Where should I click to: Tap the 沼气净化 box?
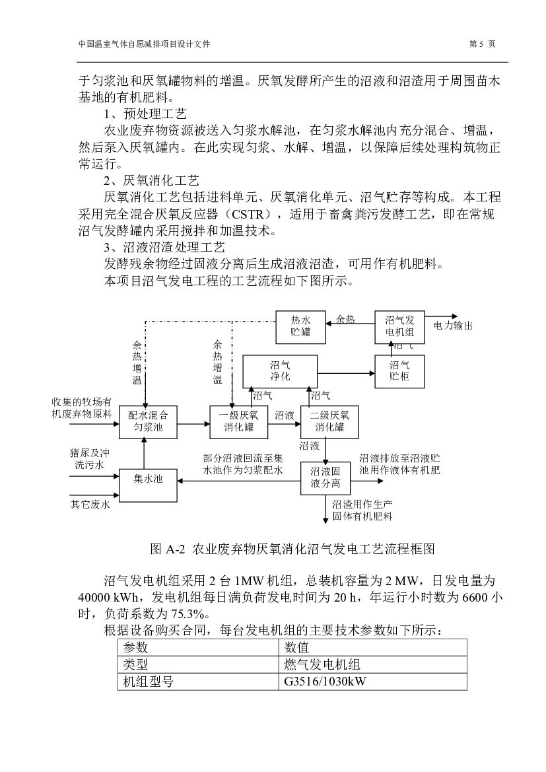click(x=280, y=370)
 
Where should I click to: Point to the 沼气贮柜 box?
click(x=399, y=370)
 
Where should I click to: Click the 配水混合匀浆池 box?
click(x=148, y=421)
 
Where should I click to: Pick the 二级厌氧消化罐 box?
click(x=329, y=421)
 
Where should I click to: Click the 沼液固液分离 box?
click(x=325, y=479)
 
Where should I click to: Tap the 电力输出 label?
click(x=453, y=326)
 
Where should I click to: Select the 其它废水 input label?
click(x=90, y=505)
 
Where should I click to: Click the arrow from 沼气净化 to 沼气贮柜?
click(x=345, y=374)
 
